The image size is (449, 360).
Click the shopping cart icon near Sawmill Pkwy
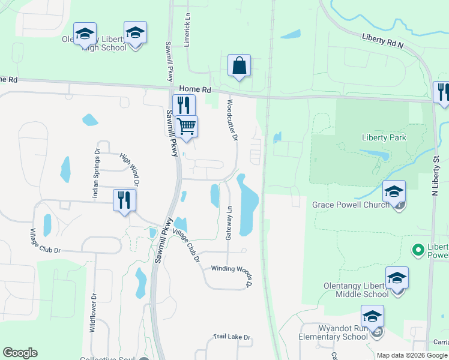click(187, 127)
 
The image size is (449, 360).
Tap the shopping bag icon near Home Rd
click(239, 66)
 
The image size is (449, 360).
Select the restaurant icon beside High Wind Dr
click(124, 200)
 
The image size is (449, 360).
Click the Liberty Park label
click(384, 137)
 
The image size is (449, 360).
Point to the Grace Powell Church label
click(354, 205)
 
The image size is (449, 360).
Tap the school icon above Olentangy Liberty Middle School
click(397, 278)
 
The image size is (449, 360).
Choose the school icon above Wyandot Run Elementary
click(372, 317)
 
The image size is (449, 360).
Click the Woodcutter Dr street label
click(232, 121)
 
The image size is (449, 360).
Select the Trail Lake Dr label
click(232, 338)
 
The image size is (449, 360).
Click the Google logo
click(20, 353)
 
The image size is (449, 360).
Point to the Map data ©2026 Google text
click(412, 355)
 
